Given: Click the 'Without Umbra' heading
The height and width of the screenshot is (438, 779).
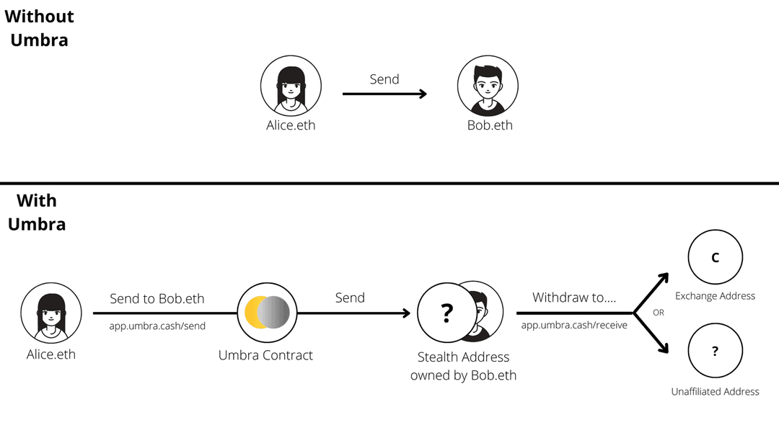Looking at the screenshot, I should click(39, 27).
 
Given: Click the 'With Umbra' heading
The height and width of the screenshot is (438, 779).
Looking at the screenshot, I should click(37, 212).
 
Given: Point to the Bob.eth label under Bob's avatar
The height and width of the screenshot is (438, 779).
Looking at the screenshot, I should click(490, 125).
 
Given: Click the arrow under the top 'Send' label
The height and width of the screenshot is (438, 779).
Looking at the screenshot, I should click(384, 94).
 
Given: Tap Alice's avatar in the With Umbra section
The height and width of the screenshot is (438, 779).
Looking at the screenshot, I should click(50, 313).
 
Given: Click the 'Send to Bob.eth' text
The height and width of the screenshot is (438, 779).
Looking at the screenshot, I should click(157, 298).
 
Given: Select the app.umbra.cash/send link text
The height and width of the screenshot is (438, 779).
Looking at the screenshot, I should click(157, 326).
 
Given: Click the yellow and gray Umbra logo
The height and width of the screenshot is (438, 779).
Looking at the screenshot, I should click(267, 311).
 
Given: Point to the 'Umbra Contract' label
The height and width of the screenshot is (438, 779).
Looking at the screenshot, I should click(265, 355).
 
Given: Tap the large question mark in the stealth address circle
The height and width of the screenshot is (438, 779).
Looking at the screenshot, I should click(447, 313).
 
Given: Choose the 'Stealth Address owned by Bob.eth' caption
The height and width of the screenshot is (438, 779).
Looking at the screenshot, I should click(464, 366).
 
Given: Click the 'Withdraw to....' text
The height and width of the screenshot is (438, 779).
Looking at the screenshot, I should click(574, 298).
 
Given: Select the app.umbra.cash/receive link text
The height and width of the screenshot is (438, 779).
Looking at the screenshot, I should click(574, 326).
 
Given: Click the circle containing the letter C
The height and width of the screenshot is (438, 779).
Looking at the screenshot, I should click(716, 258).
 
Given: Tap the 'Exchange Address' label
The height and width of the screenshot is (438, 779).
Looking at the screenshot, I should click(715, 296).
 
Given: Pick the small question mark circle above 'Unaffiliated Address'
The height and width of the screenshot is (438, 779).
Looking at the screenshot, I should click(716, 352).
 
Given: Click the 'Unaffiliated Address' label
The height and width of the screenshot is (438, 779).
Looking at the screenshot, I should click(715, 391).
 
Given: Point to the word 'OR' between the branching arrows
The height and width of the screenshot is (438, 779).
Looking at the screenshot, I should click(658, 313).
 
